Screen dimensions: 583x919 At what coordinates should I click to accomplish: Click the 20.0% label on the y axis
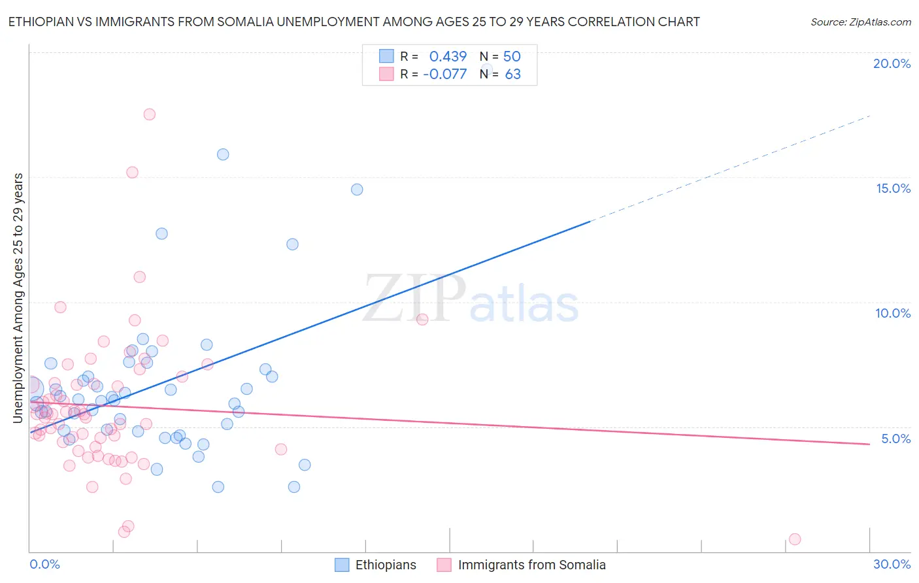click(892, 63)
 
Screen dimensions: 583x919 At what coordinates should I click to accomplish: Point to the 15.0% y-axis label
click(893, 188)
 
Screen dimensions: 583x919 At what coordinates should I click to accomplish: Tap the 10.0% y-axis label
click(893, 313)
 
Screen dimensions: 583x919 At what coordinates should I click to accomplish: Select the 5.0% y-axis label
click(895, 439)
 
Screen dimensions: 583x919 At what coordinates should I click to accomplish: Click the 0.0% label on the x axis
click(44, 564)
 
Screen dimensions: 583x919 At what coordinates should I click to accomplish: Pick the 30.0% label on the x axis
click(892, 564)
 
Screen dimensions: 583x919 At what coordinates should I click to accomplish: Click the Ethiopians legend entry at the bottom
click(385, 565)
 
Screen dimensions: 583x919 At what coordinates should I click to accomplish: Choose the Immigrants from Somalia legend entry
click(531, 565)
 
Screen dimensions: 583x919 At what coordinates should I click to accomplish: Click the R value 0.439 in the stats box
click(448, 56)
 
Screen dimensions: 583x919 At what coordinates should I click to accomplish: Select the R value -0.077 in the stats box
click(445, 75)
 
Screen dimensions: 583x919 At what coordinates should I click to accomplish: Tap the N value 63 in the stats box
click(513, 75)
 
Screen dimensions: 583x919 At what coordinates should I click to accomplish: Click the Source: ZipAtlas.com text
click(860, 22)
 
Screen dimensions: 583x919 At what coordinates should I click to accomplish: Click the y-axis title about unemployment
click(18, 297)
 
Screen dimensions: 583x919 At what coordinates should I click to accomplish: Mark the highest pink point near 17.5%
click(149, 114)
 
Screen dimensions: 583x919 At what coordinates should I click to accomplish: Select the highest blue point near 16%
click(223, 154)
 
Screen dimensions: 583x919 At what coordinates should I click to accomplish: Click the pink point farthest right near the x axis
click(795, 539)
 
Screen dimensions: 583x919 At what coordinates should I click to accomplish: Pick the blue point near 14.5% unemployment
click(357, 190)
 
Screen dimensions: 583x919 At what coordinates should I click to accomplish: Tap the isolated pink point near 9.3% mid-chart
click(422, 319)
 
